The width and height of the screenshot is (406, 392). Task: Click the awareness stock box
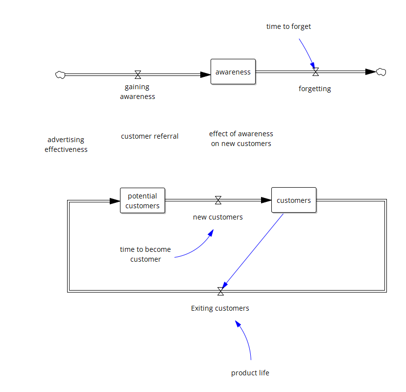click(x=233, y=72)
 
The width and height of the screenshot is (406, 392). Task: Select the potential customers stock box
click(x=143, y=200)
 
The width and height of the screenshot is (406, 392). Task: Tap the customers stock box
click(x=294, y=200)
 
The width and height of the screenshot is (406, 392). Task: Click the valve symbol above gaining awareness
click(x=138, y=74)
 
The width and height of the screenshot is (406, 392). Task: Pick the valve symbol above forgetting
click(x=315, y=72)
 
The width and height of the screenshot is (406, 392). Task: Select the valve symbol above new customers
click(x=218, y=200)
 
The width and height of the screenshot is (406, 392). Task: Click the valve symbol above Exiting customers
click(x=220, y=292)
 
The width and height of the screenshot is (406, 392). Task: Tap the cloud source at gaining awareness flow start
click(x=60, y=74)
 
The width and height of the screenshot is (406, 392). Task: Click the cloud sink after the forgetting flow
click(x=381, y=72)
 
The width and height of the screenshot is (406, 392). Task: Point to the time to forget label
click(x=288, y=26)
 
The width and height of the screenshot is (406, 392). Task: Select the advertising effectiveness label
click(x=66, y=145)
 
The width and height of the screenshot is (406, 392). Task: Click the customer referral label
click(x=150, y=136)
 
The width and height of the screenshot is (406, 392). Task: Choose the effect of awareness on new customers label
click(x=241, y=139)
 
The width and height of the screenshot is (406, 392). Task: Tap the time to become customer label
click(x=145, y=254)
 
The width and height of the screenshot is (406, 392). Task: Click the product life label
click(x=250, y=373)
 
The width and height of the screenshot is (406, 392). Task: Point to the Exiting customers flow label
click(x=220, y=308)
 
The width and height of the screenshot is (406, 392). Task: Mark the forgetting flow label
click(x=315, y=89)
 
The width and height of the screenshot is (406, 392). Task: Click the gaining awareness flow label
click(x=137, y=92)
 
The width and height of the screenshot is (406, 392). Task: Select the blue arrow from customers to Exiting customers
click(x=254, y=250)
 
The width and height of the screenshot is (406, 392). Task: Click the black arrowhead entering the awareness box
click(x=205, y=74)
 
